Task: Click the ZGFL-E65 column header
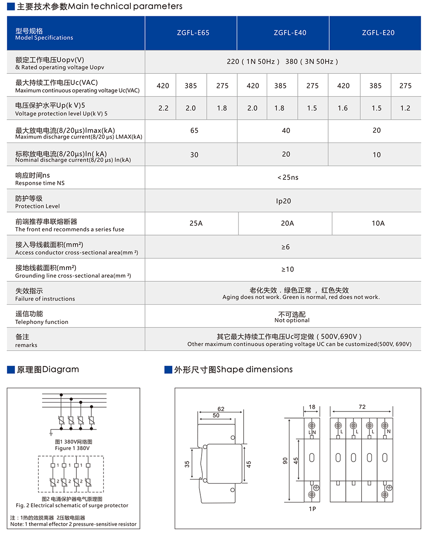tap(193, 33)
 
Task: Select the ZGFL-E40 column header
tap(290, 33)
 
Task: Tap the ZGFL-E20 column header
tap(378, 33)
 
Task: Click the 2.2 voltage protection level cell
tap(163, 108)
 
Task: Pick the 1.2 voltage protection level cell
tap(405, 108)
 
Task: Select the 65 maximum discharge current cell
tap(194, 130)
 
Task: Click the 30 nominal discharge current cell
tap(194, 155)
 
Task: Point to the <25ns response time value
tap(288, 177)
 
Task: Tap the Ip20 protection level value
tap(284, 201)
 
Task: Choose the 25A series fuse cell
tap(196, 223)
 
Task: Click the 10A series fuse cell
tap(378, 223)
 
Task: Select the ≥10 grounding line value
tap(287, 269)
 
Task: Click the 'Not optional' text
tap(292, 320)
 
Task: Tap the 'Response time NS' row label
tap(40, 183)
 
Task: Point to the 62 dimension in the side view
tap(221, 409)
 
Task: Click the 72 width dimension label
tap(362, 407)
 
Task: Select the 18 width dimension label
tap(312, 407)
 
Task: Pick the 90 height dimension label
tap(285, 460)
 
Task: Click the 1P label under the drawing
tap(312, 509)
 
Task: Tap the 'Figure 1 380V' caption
tap(73, 448)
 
